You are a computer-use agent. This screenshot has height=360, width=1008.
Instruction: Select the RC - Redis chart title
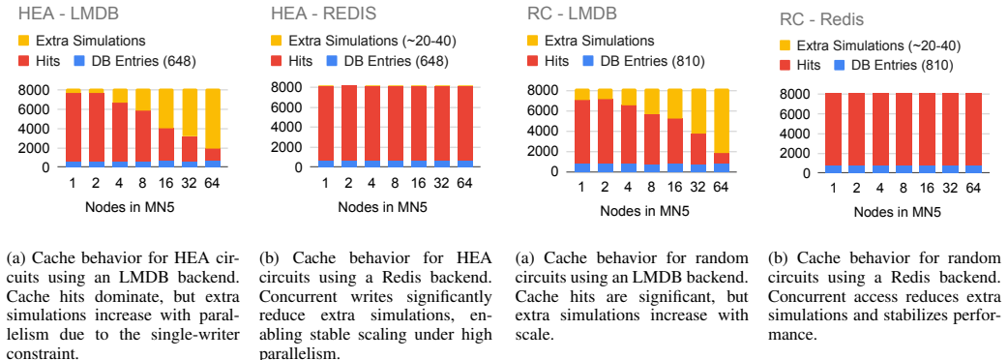821,20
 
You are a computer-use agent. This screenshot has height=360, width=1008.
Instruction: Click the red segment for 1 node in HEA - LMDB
74,128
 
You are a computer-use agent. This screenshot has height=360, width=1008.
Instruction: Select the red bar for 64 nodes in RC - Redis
974,130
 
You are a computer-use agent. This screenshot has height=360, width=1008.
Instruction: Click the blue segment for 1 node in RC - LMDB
581,167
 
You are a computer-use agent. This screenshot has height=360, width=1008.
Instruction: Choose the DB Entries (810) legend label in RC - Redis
902,65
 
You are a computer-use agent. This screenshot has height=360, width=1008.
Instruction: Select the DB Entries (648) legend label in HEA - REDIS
396,61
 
